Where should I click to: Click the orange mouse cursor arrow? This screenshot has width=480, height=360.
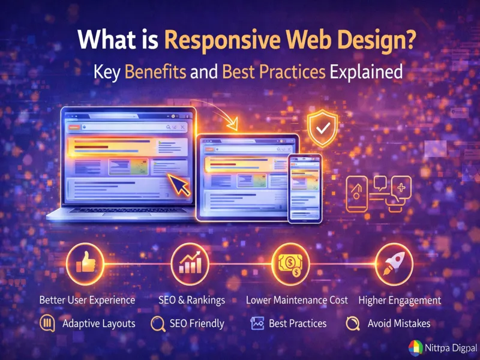click(178, 183)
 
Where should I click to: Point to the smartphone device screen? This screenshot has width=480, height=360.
click(305, 188)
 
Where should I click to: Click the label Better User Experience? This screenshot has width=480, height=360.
click(87, 300)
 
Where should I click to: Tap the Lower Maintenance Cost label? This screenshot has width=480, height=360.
click(297, 300)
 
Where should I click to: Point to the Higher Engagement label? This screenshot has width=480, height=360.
click(400, 300)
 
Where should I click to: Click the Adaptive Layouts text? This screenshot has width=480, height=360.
click(99, 323)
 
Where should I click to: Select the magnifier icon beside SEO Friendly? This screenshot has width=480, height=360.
click(158, 324)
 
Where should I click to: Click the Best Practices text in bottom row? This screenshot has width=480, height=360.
click(298, 323)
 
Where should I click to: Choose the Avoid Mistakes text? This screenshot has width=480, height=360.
click(399, 323)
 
